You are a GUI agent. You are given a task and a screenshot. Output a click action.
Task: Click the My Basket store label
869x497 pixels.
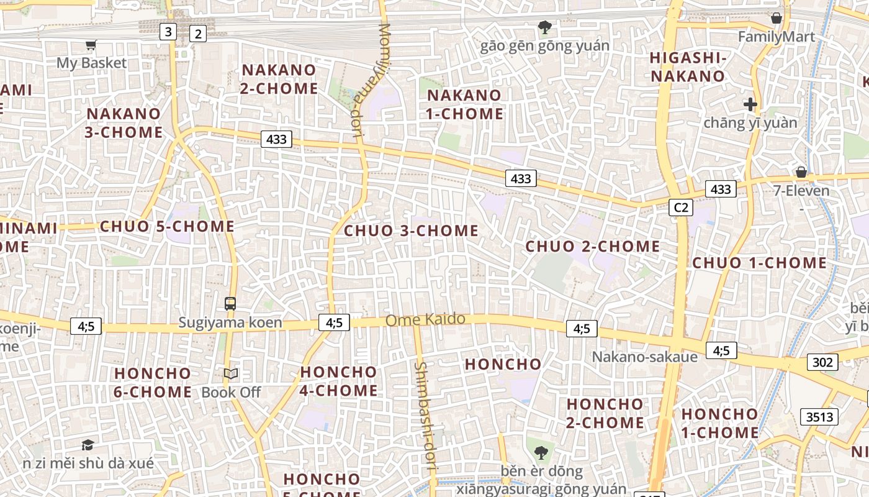(x=91, y=63)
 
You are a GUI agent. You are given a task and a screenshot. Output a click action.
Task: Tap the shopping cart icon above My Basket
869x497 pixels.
(x=91, y=45)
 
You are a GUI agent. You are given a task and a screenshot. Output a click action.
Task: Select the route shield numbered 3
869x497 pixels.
(x=168, y=31)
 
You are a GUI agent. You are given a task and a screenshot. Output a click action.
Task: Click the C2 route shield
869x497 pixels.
(x=680, y=207)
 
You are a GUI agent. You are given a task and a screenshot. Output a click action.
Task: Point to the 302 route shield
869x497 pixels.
(x=822, y=362)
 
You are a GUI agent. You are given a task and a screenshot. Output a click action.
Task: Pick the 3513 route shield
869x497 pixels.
(x=819, y=416)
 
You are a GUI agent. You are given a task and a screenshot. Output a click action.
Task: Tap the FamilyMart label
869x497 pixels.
(x=776, y=37)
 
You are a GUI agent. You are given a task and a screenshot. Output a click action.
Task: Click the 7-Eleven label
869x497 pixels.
(x=801, y=190)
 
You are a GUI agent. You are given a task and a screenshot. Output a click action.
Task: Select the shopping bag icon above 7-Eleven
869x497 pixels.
(x=801, y=172)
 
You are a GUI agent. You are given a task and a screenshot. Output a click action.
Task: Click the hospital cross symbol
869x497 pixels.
(x=750, y=104)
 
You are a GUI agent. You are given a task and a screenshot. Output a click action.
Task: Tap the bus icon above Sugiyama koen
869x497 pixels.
(x=230, y=304)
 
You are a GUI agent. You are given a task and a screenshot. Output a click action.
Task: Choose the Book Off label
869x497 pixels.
(x=231, y=392)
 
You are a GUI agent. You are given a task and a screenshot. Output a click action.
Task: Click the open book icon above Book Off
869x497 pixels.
(x=231, y=374)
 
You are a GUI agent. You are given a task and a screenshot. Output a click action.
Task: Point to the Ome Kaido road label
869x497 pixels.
(x=425, y=320)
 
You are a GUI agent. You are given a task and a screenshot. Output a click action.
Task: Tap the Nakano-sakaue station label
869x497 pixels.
(x=644, y=357)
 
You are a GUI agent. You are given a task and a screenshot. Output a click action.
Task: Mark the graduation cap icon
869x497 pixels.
(x=88, y=445)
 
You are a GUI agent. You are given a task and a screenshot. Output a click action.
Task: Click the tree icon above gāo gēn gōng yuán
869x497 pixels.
(x=545, y=27)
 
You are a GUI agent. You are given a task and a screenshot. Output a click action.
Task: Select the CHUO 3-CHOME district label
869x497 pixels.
(x=411, y=230)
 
